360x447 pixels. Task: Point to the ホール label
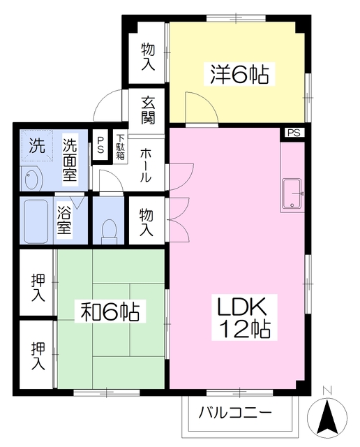(x=147, y=166)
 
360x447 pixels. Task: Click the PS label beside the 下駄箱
(x=100, y=146)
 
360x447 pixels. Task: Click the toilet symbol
(x=109, y=229)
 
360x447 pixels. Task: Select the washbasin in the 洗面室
(x=32, y=179)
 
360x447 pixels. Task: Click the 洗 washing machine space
(x=37, y=147)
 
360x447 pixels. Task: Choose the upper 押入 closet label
(x=38, y=288)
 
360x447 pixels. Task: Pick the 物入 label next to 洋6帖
(x=148, y=56)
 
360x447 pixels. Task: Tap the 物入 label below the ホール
(x=147, y=220)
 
